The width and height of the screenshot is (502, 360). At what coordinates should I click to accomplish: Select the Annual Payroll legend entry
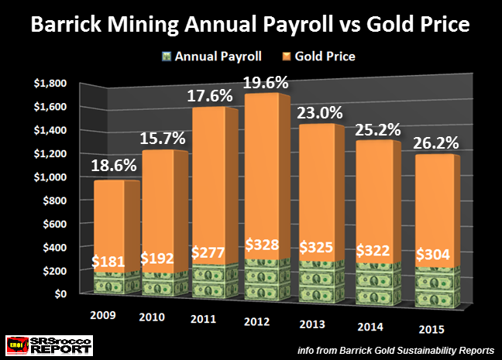tap(210, 56)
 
